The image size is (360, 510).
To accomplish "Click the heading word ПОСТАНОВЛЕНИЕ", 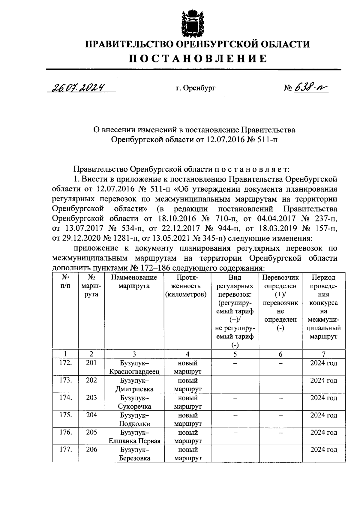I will (198, 58).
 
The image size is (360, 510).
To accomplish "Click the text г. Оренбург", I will (196, 88).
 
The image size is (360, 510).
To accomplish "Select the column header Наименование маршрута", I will (134, 282).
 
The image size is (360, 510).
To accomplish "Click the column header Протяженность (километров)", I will (187, 286).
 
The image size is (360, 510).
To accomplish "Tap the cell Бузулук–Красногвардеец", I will (134, 367).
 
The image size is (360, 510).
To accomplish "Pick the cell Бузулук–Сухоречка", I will (134, 402).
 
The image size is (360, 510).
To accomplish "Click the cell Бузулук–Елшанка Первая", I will (134, 437).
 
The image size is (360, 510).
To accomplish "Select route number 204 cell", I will (91, 415).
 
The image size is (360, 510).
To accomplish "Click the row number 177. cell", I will (65, 450).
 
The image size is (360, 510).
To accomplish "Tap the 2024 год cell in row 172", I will (323, 363).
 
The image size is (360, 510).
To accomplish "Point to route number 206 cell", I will (91, 450).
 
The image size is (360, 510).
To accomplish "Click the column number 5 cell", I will (235, 354).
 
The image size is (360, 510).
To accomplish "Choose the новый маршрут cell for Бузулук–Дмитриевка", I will (187, 385).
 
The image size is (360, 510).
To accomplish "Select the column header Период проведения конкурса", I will (323, 307).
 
